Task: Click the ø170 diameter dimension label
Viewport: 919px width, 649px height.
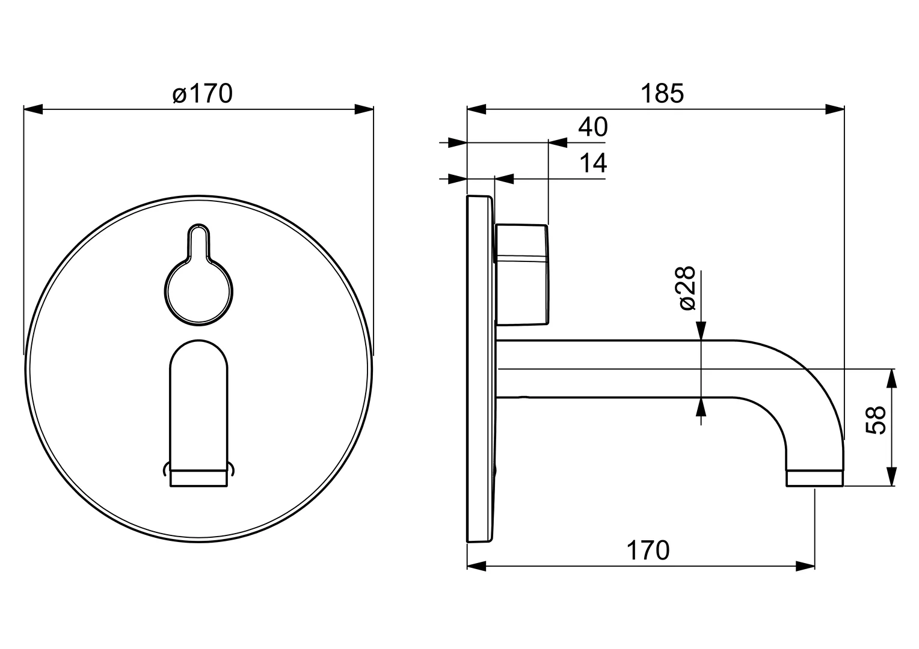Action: click(202, 94)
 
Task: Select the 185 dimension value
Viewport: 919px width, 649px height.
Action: click(662, 94)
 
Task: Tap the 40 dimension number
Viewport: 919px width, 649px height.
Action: click(593, 127)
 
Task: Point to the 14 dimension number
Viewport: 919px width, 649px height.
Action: click(593, 163)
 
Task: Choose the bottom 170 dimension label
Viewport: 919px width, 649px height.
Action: click(648, 550)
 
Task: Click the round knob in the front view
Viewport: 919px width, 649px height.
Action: click(198, 292)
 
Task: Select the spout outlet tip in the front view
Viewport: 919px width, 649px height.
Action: click(198, 478)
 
